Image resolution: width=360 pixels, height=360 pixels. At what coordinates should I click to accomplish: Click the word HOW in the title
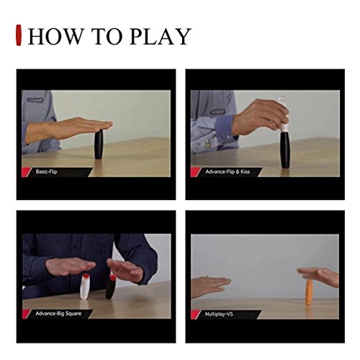pyautogui.click(x=55, y=37)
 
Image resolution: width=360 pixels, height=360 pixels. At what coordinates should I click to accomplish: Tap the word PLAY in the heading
pyautogui.click(x=160, y=37)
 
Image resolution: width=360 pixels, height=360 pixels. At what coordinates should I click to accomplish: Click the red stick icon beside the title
pyautogui.click(x=19, y=35)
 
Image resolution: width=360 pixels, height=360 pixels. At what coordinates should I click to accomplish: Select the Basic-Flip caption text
pyautogui.click(x=46, y=171)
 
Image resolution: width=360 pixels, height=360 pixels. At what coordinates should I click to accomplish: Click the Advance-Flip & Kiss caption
pyautogui.click(x=228, y=171)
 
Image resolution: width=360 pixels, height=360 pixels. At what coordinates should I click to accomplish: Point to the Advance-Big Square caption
pyautogui.click(x=58, y=313)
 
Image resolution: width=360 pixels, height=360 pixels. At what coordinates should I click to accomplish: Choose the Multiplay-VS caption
pyautogui.click(x=219, y=314)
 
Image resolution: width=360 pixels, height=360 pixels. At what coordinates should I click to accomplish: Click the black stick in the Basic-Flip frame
pyautogui.click(x=99, y=145)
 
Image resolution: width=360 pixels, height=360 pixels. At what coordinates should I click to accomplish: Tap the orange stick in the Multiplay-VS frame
pyautogui.click(x=309, y=292)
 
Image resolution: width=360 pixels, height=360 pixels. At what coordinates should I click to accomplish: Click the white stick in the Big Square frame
pyautogui.click(x=84, y=287)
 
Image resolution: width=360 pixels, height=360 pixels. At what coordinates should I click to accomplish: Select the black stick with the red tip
pyautogui.click(x=111, y=287)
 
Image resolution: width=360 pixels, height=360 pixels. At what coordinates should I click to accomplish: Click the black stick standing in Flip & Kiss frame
pyautogui.click(x=285, y=150)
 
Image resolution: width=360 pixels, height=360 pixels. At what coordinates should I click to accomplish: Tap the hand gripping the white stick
pyautogui.click(x=261, y=117)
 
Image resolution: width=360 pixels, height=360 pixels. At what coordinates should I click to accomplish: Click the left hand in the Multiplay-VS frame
pyautogui.click(x=210, y=286)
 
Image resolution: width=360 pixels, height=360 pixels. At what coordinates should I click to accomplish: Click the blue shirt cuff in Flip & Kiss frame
pyautogui.click(x=225, y=127)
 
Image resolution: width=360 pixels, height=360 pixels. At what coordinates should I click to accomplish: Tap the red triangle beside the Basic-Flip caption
pyautogui.click(x=26, y=172)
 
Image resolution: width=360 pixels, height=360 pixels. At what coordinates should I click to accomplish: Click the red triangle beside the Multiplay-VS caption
pyautogui.click(x=195, y=314)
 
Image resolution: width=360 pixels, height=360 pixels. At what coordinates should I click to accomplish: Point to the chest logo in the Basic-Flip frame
pyautogui.click(x=35, y=99)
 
